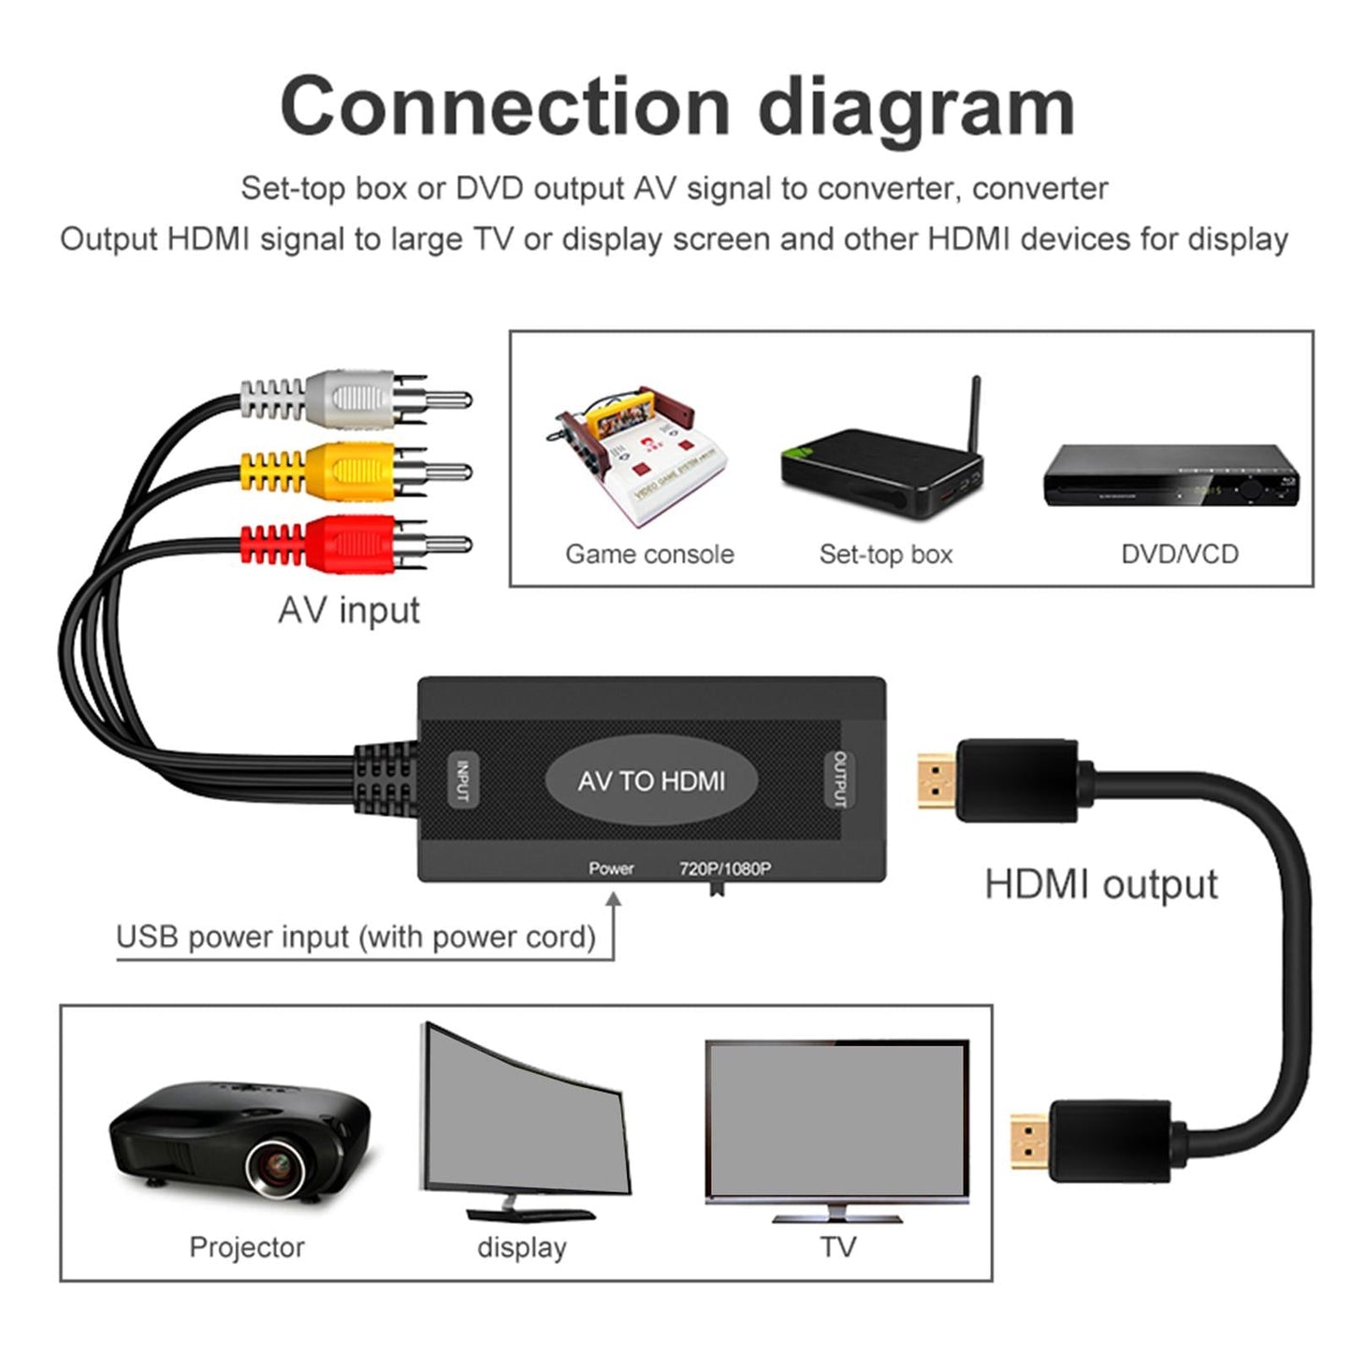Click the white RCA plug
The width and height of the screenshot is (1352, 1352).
click(352, 399)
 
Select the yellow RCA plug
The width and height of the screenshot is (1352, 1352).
click(352, 471)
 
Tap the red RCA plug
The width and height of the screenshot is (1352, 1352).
click(352, 543)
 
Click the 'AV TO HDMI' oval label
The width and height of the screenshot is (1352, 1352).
click(651, 780)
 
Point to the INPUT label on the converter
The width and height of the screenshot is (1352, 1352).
click(462, 780)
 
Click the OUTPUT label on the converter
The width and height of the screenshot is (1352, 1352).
click(839, 778)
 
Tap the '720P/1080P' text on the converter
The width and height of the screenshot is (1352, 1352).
click(725, 868)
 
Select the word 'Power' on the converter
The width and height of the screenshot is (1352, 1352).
click(611, 868)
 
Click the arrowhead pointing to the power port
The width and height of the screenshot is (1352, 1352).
click(614, 899)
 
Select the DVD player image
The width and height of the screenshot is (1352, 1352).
click(1170, 476)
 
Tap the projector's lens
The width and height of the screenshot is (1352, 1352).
click(277, 1165)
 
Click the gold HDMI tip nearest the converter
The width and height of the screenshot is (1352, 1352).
click(936, 781)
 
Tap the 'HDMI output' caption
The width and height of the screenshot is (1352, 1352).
click(1100, 884)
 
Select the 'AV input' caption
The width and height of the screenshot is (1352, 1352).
click(348, 610)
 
